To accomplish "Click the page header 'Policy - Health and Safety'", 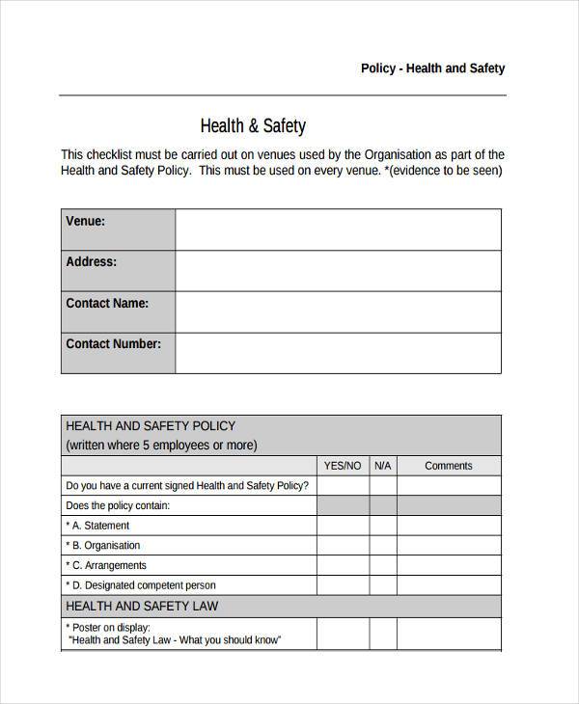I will (432, 68).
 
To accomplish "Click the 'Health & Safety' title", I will (253, 125).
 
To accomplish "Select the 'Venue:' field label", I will (86, 221).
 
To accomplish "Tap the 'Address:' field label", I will (92, 261).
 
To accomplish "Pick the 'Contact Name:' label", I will (107, 303).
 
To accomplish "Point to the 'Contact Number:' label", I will (113, 343).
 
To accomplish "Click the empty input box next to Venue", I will (338, 230).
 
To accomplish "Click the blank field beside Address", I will (338, 271).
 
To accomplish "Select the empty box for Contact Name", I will (338, 311).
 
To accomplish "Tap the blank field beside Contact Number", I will (338, 353).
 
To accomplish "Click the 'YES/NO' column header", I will (343, 466).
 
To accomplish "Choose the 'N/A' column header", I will (382, 466).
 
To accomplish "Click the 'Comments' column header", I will (449, 466).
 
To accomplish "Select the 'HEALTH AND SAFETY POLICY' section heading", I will (150, 425).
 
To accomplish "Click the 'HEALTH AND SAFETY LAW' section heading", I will (141, 606).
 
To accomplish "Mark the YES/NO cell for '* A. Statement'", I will (343, 526).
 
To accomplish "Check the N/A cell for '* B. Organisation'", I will (382, 546).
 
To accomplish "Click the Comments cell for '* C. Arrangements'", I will (449, 565).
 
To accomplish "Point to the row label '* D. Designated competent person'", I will (141, 585).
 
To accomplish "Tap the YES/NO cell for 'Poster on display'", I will (343, 634).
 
